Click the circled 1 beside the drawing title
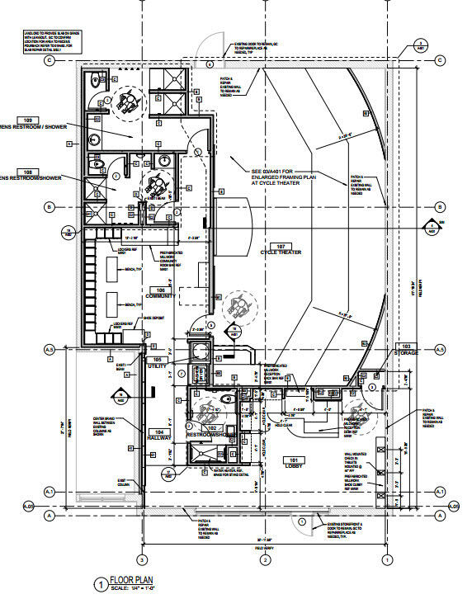click(100, 584)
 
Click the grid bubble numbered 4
click(210, 64)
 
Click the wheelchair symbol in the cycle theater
click(238, 306)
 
